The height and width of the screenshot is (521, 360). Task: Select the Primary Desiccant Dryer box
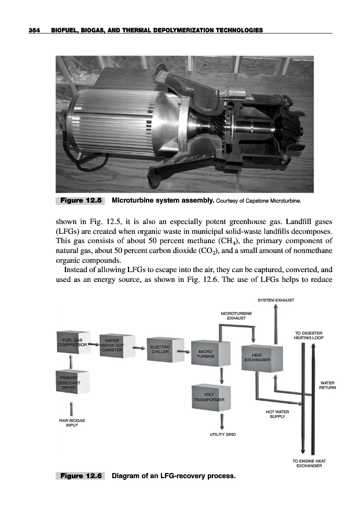point(71,383)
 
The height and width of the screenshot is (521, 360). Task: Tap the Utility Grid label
point(222,434)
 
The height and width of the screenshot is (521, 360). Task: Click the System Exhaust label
point(276,300)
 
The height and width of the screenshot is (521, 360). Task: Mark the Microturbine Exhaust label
point(237,315)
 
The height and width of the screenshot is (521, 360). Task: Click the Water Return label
point(328,385)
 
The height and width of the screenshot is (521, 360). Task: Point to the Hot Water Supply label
point(277,414)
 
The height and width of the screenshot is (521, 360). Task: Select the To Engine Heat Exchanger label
point(310,463)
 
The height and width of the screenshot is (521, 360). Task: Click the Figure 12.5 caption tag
point(79,201)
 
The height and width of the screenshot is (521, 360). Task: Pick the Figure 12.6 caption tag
point(79,476)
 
